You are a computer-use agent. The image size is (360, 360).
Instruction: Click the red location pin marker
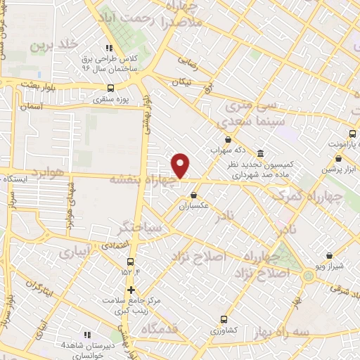[x=181, y=166]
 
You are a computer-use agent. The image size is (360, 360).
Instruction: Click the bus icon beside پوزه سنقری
[x=110, y=89]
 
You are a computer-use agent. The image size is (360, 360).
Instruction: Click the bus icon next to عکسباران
[x=193, y=196]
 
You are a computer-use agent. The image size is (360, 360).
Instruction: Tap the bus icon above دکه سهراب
[x=227, y=140]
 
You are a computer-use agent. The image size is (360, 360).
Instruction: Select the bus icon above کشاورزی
[x=224, y=319]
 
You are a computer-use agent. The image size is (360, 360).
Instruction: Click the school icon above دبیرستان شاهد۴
[x=87, y=335]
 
